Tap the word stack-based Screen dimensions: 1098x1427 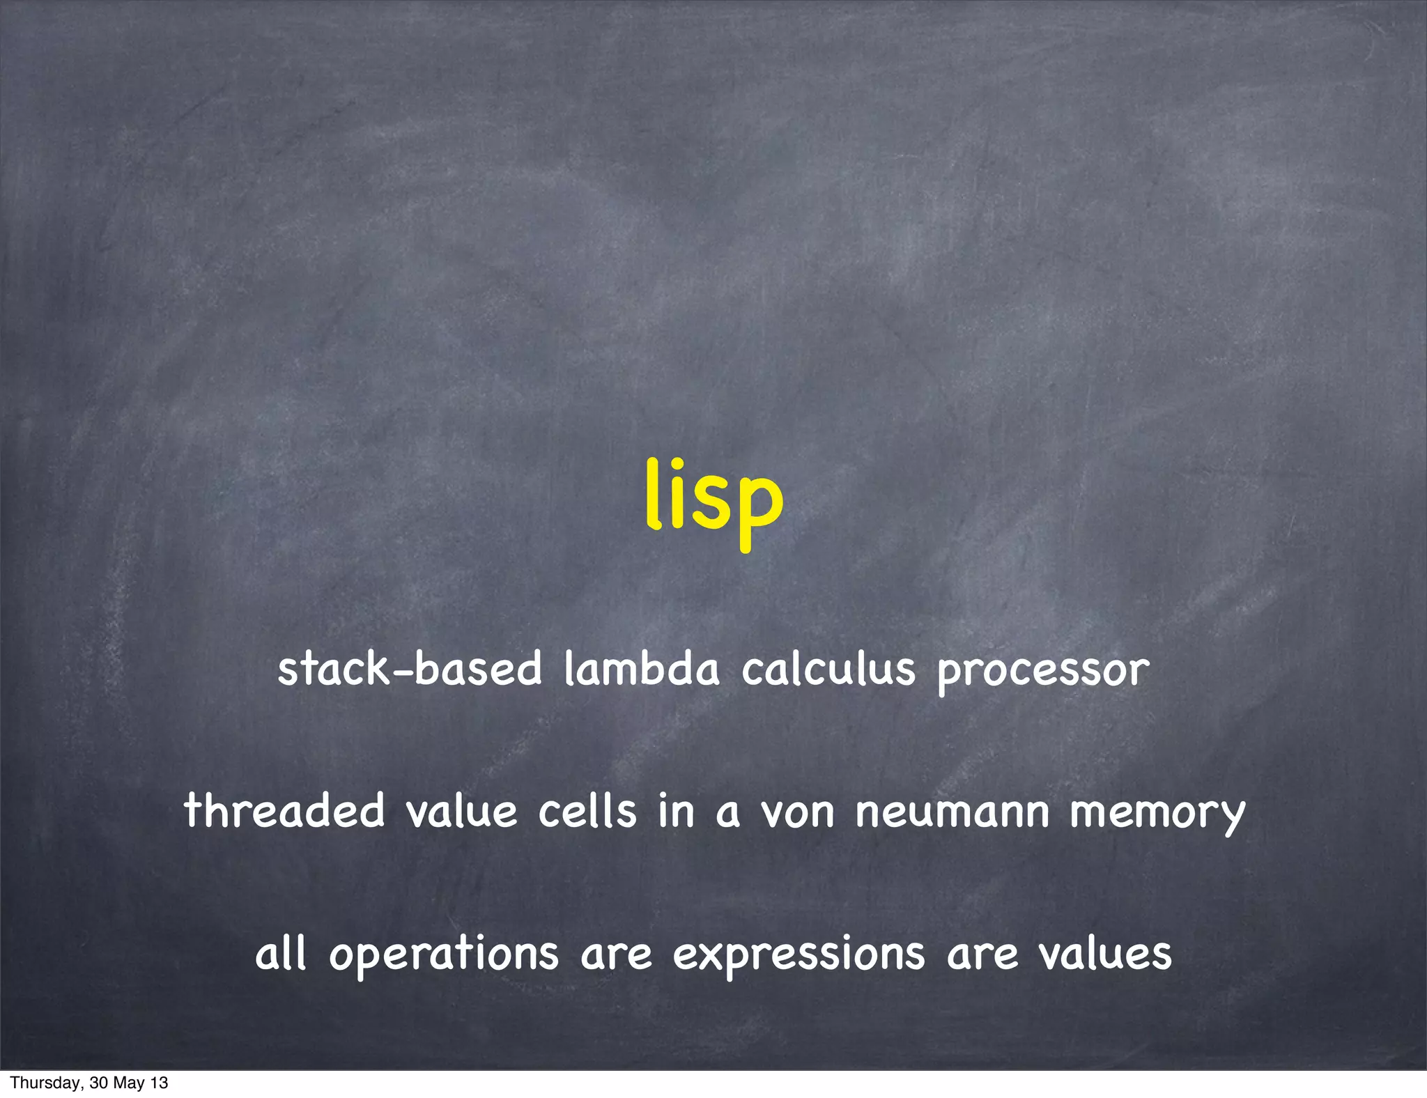click(x=410, y=669)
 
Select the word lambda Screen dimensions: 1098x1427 click(x=641, y=669)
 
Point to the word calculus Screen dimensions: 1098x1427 click(x=828, y=669)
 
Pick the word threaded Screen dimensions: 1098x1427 click(x=284, y=811)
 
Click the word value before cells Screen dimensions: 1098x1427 click(x=461, y=811)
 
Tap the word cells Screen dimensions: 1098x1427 click(x=587, y=811)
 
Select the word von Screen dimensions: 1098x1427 click(x=797, y=812)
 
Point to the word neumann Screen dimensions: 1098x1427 click(x=952, y=812)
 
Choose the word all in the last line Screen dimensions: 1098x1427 click(x=281, y=953)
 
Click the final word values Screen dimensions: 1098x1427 click(x=1105, y=953)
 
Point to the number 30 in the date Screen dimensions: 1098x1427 click(x=98, y=1083)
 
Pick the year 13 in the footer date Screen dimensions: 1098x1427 click(x=160, y=1083)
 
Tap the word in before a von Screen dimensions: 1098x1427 click(x=676, y=811)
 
